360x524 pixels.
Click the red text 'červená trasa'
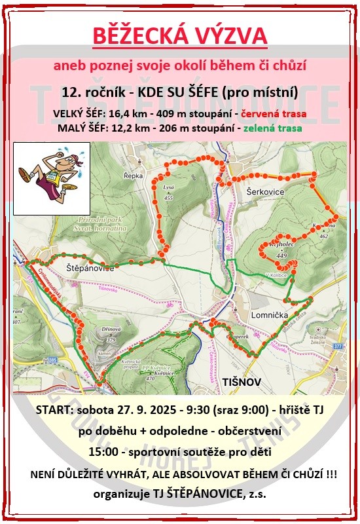(x=274, y=114)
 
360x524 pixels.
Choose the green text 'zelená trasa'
(x=272, y=128)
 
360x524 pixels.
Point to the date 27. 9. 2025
(x=153, y=411)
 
